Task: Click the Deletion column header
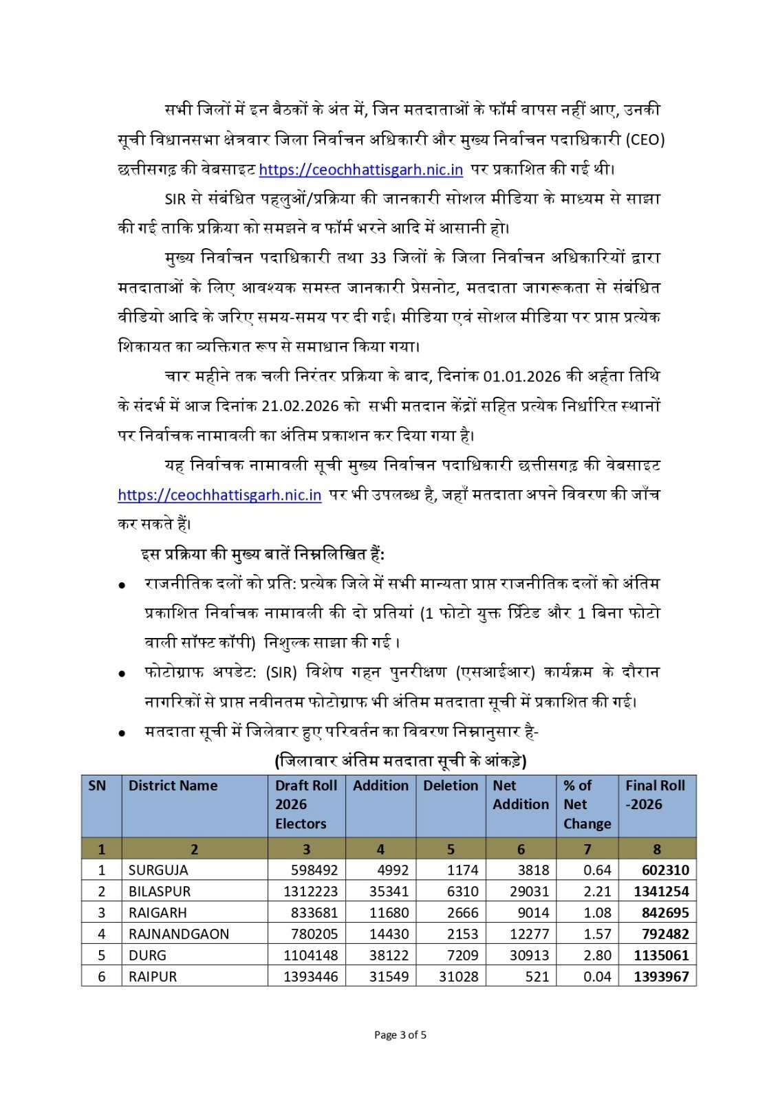coord(451,786)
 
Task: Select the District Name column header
coord(173,786)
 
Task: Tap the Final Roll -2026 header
coord(655,795)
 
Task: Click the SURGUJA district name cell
coord(158,870)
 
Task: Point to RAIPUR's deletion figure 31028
coord(458,977)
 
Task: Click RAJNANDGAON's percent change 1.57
coord(597,934)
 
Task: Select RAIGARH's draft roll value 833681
coord(314,913)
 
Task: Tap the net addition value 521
coord(537,977)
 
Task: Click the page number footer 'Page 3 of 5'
coord(400,1035)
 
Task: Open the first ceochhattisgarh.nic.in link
coord(361,169)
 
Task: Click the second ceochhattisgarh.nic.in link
coord(219,495)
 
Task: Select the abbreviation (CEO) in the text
coord(645,140)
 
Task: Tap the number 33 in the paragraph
coord(378,258)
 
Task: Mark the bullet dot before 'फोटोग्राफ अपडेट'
coord(122,674)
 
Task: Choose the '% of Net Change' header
coord(587,804)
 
